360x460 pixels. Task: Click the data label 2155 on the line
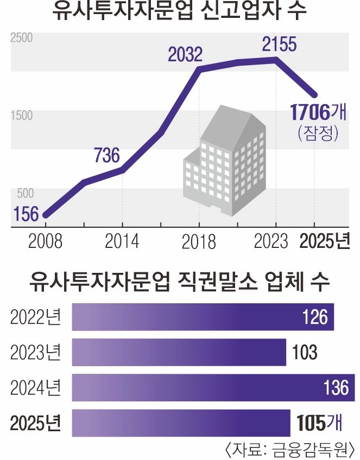[279, 44]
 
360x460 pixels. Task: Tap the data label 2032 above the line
[185, 55]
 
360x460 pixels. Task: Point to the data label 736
[106, 156]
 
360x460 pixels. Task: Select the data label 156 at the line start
[27, 214]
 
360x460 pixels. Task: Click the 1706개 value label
[318, 112]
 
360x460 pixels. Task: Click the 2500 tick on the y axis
[22, 38]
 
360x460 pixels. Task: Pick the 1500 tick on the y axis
[22, 116]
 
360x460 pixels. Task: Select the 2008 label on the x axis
[45, 241]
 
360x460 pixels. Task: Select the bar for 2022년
[203, 317]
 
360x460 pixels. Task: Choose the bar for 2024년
[213, 387]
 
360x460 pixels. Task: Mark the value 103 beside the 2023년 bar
[304, 353]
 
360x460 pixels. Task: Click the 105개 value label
[319, 423]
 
